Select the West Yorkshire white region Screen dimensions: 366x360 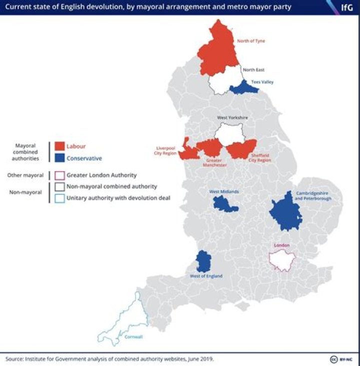tap(229, 134)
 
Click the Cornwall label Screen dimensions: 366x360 tap(134, 336)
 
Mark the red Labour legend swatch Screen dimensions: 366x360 tap(59, 146)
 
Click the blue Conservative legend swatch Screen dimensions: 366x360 tap(59, 158)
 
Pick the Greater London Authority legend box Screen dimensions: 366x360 tap(59, 175)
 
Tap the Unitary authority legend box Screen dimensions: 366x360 tap(59, 198)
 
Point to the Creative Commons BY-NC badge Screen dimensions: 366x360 tap(341, 359)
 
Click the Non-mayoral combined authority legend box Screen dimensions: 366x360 tap(59, 187)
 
